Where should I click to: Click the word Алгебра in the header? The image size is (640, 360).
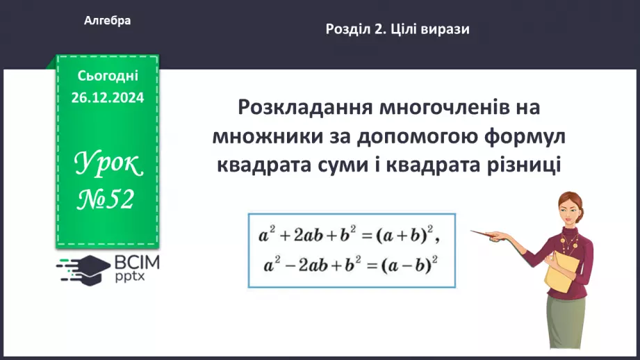coord(107,21)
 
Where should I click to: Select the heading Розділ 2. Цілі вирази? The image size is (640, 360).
coord(397,29)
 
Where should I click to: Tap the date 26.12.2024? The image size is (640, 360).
coord(107,98)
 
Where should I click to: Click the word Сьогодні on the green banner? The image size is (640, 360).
coord(108,75)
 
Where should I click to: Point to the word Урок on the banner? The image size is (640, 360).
coord(108,164)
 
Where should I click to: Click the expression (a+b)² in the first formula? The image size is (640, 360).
coord(406,236)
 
